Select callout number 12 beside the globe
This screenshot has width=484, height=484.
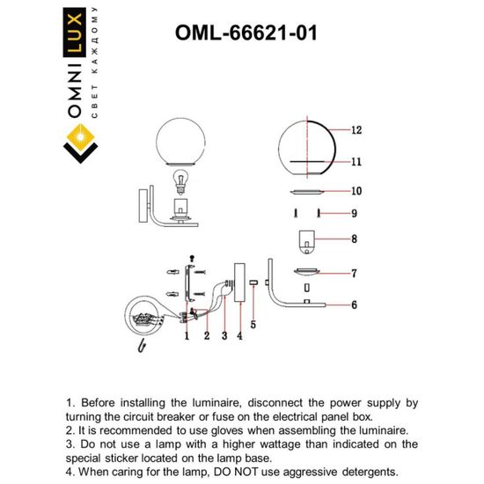tap(356, 129)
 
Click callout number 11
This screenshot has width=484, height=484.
tap(356, 162)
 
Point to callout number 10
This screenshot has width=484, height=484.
tap(356, 190)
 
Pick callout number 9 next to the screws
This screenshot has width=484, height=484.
tap(353, 213)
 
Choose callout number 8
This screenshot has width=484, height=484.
tap(353, 238)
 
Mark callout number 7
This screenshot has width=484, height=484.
tap(353, 274)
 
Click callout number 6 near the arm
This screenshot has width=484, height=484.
tap(353, 304)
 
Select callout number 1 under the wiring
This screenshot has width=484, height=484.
tap(187, 335)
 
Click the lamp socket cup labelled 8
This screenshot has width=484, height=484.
tap(306, 238)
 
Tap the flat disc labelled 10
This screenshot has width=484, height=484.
tap(306, 191)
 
